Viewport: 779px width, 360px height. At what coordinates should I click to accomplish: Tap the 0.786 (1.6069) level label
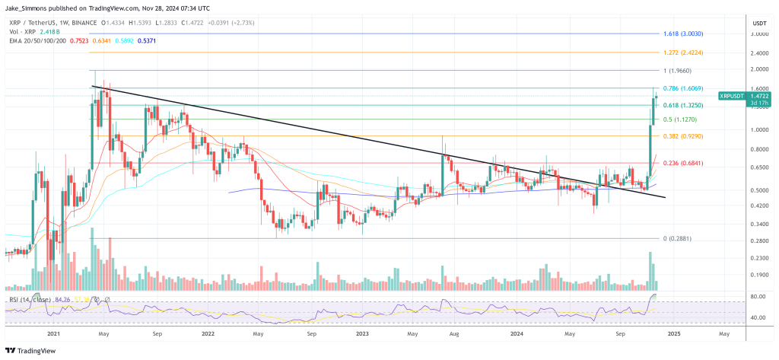tap(688, 89)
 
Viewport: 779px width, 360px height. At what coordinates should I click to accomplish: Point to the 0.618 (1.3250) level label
tap(688, 105)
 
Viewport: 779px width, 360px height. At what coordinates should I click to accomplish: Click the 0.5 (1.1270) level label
tap(685, 119)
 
